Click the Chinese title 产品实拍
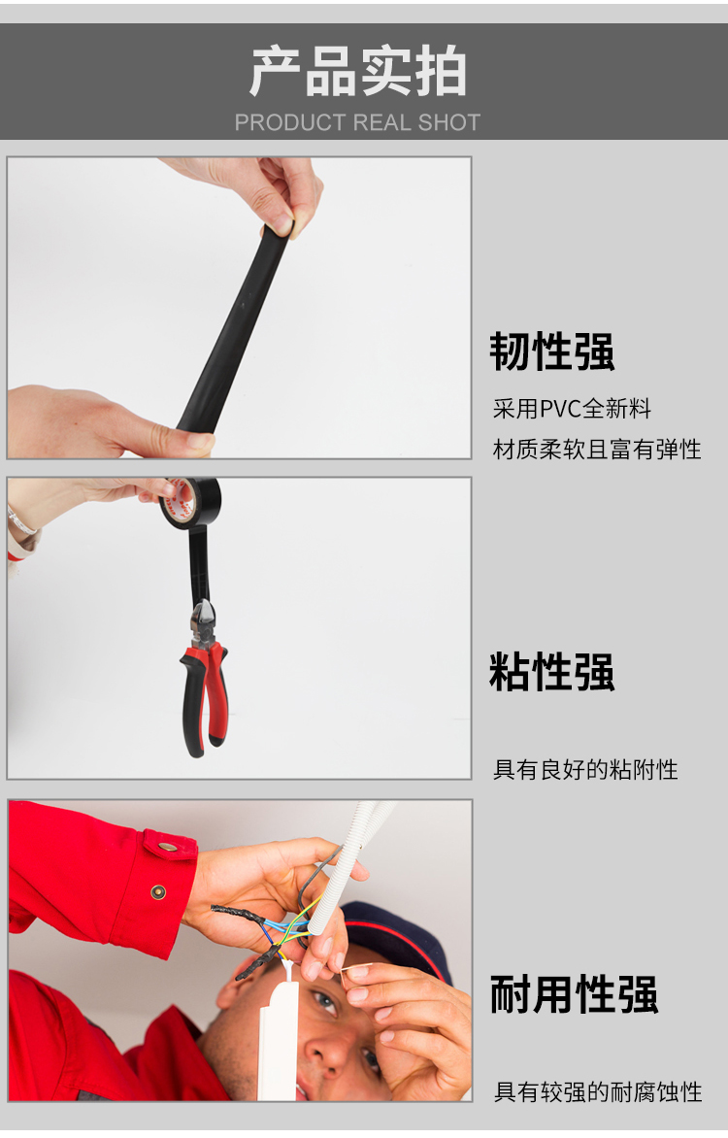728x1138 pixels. (x=358, y=72)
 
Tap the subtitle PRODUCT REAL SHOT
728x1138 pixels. (x=357, y=122)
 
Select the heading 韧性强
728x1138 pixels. (x=551, y=352)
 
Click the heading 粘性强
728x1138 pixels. (x=551, y=671)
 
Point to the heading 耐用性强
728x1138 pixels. (x=574, y=994)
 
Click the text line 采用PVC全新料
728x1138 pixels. (x=572, y=409)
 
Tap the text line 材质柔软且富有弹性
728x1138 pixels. (x=597, y=450)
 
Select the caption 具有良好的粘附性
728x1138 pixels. (x=585, y=769)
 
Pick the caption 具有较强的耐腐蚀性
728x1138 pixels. (x=598, y=1091)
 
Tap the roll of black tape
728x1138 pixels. (x=190, y=502)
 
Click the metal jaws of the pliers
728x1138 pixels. (x=203, y=622)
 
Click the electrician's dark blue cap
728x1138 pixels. (x=396, y=936)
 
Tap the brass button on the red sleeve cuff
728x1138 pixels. (x=157, y=892)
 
